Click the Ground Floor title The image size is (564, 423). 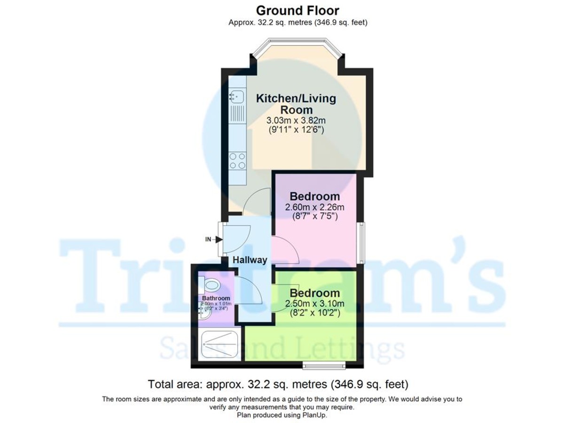pyautogui.click(x=298, y=10)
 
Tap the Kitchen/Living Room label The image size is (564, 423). pyautogui.click(x=296, y=104)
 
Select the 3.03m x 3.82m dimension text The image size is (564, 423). pyautogui.click(x=296, y=120)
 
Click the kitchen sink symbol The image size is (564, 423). pyautogui.click(x=236, y=97)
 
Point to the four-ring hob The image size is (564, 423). pyautogui.click(x=237, y=161)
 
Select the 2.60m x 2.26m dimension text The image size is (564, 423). pyautogui.click(x=315, y=207)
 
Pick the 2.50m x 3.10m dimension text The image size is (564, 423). pyautogui.click(x=315, y=304)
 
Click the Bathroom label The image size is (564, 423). pyautogui.click(x=216, y=298)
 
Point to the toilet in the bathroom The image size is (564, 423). pyautogui.click(x=211, y=285)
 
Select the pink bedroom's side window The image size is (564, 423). pyautogui.click(x=361, y=243)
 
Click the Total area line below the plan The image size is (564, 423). pyautogui.click(x=278, y=384)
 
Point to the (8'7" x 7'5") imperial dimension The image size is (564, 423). pyautogui.click(x=315, y=217)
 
